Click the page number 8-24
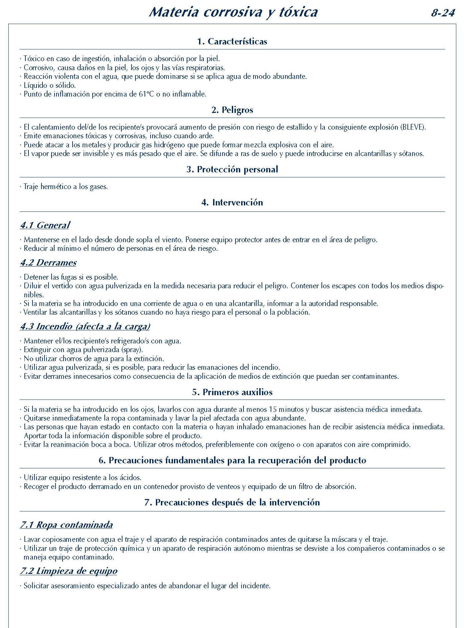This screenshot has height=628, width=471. click(443, 13)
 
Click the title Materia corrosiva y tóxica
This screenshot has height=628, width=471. click(233, 12)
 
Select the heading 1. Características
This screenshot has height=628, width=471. click(232, 41)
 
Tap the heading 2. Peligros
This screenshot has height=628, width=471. click(232, 110)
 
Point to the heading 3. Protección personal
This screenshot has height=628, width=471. click(232, 169)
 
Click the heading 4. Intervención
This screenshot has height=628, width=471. click(232, 202)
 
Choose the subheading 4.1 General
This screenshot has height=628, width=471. click(45, 225)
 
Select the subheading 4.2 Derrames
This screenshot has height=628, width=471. click(48, 263)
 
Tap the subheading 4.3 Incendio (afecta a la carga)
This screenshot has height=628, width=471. click(85, 326)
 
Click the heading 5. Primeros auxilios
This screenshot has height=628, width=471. click(232, 392)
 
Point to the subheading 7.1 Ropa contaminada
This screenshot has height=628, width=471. click(66, 525)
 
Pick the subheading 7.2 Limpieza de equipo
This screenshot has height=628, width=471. click(69, 571)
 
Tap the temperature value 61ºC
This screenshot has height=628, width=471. click(146, 94)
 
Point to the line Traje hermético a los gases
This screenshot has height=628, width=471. click(66, 187)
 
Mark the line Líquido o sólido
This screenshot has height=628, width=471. click(50, 86)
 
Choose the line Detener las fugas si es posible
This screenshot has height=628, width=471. click(71, 277)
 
